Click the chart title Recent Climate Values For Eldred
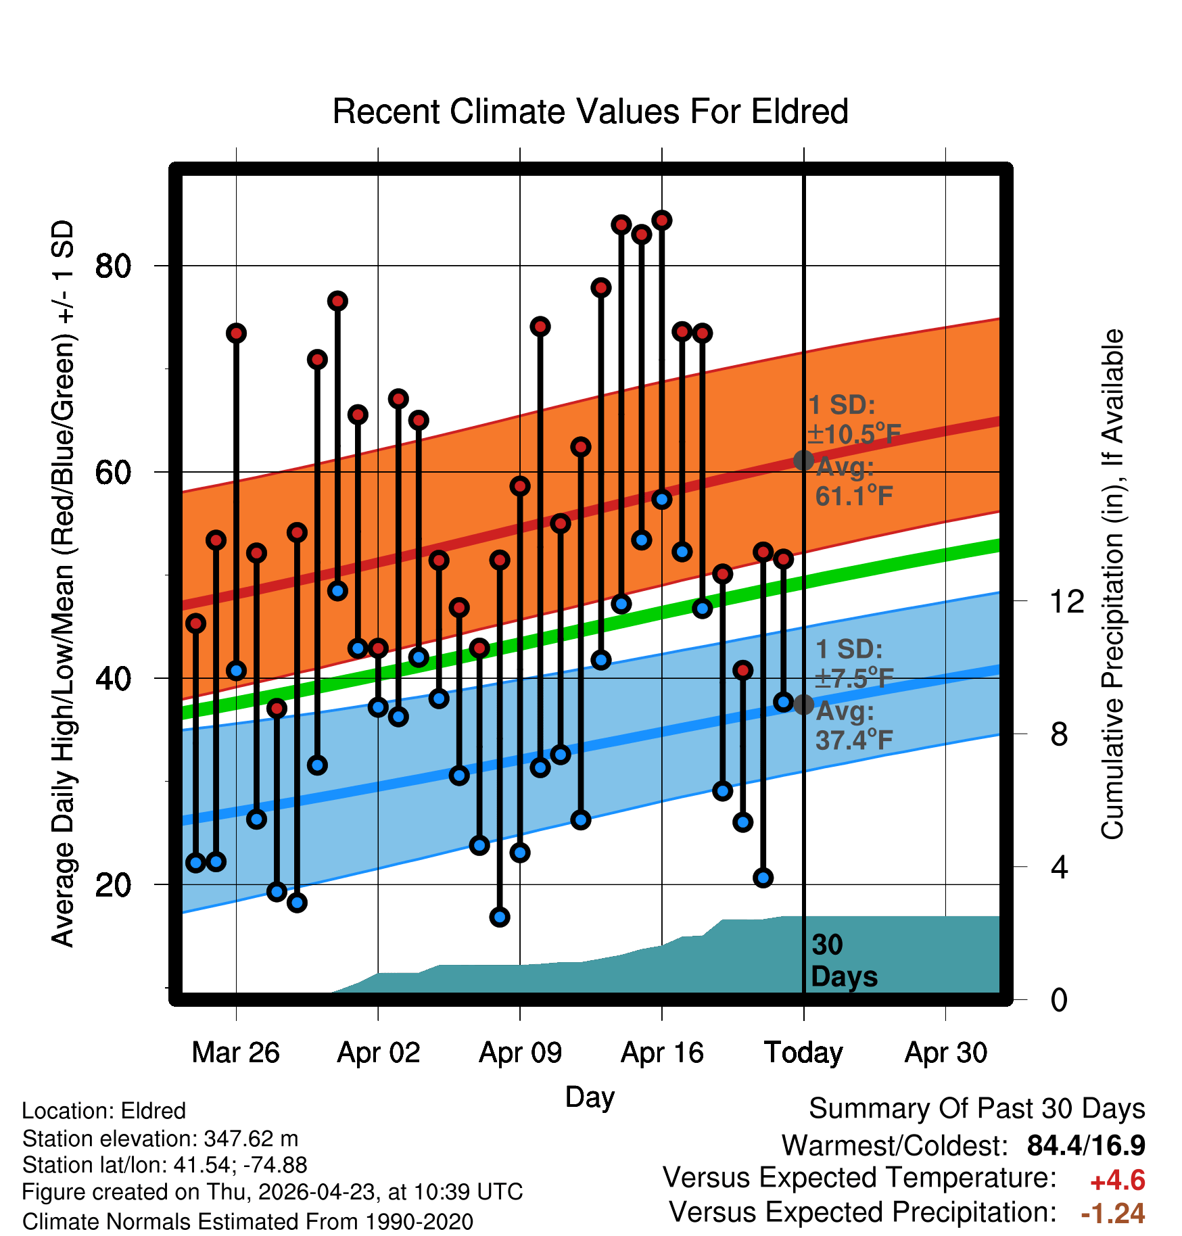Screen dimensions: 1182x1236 click(590, 112)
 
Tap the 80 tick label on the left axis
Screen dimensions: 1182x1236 click(113, 266)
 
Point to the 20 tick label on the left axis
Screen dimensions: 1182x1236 click(113, 884)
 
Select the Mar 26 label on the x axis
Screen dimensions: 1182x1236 click(235, 1052)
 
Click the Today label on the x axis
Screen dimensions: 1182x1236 click(803, 1053)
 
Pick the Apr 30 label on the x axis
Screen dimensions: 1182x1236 click(946, 1052)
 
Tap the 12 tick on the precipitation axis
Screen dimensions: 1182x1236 click(1066, 601)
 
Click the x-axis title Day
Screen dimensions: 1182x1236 click(590, 1097)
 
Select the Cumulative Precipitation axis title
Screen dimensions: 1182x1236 click(1112, 584)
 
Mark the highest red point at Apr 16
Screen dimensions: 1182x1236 click(662, 220)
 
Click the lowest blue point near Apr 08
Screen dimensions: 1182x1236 click(500, 917)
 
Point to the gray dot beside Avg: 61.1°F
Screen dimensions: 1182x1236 click(803, 460)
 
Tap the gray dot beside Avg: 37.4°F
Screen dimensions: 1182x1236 click(803, 705)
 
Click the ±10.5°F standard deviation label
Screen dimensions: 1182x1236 click(854, 434)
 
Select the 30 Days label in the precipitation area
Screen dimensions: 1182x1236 click(844, 961)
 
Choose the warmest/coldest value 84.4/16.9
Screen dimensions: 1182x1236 click(1086, 1145)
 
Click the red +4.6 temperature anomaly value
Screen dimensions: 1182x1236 click(1118, 1181)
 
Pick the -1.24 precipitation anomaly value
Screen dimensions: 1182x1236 click(1113, 1213)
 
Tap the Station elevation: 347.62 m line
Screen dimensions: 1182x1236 click(160, 1139)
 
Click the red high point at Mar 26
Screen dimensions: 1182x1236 click(236, 333)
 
